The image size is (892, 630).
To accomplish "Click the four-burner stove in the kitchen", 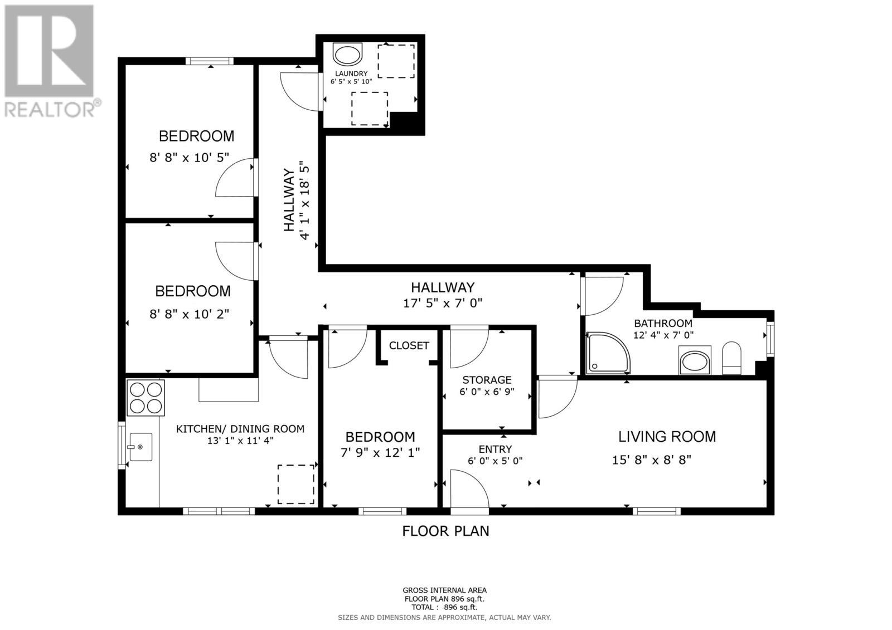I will click(x=146, y=398).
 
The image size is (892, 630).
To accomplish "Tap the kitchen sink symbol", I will click(x=140, y=447).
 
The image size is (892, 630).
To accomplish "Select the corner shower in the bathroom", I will click(x=608, y=353).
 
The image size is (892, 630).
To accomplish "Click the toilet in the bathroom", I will click(x=731, y=358).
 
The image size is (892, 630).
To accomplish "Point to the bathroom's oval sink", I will click(x=695, y=362).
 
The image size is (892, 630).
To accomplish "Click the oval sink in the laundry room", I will click(x=347, y=55).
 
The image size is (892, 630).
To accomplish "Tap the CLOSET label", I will click(x=409, y=345).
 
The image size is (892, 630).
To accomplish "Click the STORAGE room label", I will click(x=486, y=380).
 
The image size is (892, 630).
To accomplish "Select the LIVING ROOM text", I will click(x=667, y=436).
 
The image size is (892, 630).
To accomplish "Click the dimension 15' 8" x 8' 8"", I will click(x=651, y=460).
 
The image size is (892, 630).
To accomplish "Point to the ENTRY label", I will click(x=495, y=449).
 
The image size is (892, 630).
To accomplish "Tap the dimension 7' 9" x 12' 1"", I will click(x=380, y=452).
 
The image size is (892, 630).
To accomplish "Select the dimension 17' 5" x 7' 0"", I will click(x=442, y=303).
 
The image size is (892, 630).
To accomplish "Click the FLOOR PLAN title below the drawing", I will click(x=445, y=531).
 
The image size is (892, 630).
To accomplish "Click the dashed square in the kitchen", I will click(x=295, y=484).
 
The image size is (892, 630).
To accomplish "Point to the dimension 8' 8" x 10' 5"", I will click(x=189, y=158).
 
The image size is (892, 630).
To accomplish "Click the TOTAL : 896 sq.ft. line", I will click(x=444, y=607).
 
